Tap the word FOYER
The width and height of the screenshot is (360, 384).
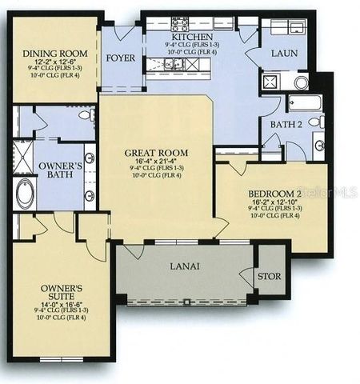122,58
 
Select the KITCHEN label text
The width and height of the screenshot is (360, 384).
193,37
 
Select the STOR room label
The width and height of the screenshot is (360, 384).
269,278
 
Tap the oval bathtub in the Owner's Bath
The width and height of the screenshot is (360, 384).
25,193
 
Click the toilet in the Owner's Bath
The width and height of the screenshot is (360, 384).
85,116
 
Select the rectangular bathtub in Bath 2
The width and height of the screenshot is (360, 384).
304,102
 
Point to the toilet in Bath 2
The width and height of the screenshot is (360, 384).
317,122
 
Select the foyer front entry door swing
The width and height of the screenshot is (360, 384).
122,34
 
